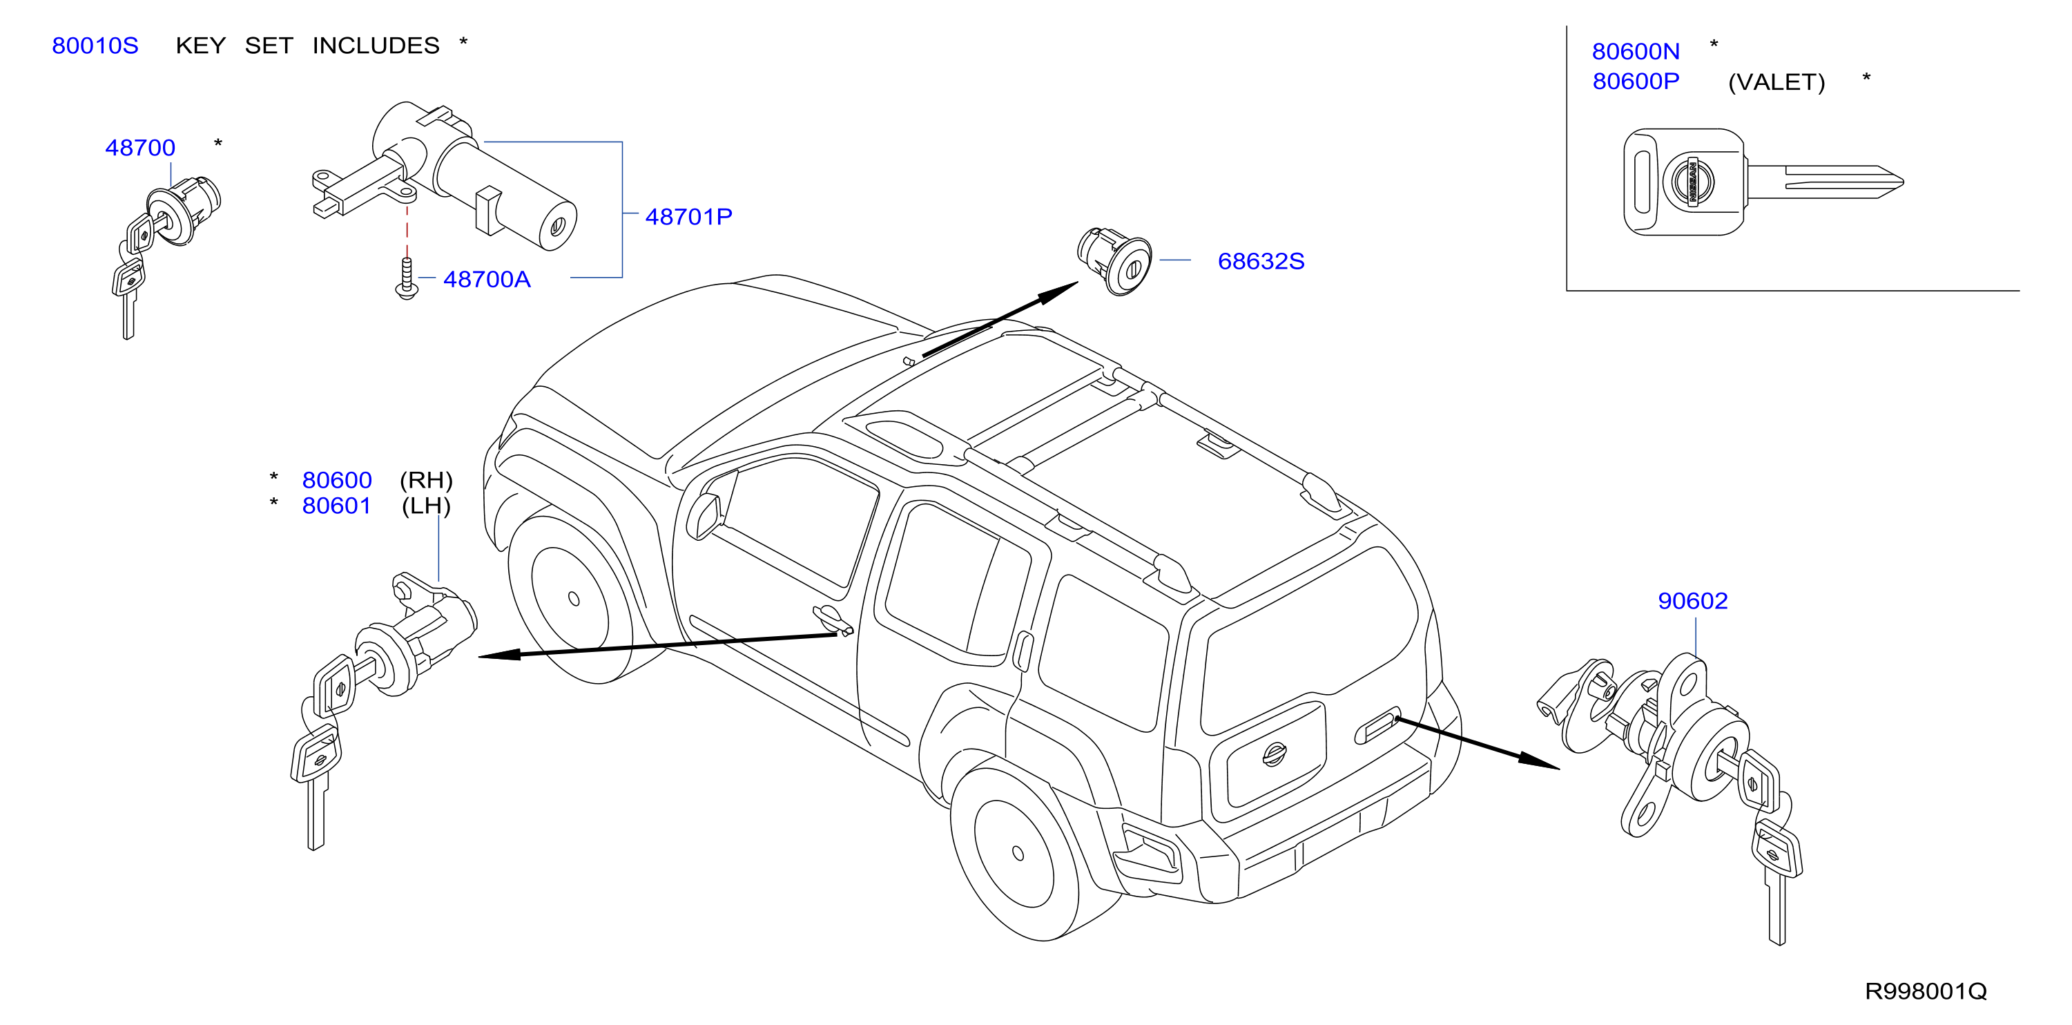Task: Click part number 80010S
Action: coord(95,46)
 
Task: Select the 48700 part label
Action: coord(140,148)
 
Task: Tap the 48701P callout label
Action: coord(688,216)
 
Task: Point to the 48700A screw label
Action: coord(487,279)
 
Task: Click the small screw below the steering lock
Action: coord(407,279)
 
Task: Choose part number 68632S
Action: coord(1261,262)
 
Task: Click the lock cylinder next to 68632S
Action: coord(1115,260)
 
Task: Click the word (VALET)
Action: coord(1776,82)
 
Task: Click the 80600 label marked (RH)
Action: coord(336,480)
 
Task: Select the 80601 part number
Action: coord(336,506)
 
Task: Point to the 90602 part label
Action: coord(1692,601)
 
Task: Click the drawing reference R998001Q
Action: coord(1926,991)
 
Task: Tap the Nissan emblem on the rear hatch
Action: coord(1274,754)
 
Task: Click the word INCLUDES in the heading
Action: coord(376,46)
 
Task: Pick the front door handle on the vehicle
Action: coord(833,620)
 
